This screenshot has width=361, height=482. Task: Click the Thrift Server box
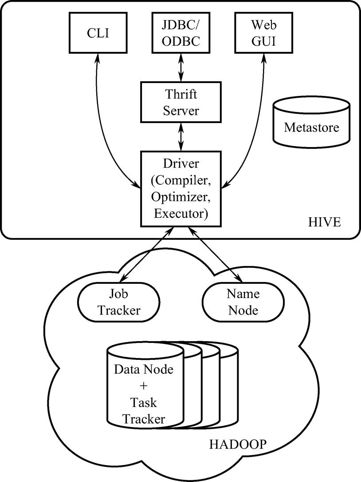click(x=180, y=102)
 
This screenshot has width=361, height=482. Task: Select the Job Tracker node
click(x=118, y=302)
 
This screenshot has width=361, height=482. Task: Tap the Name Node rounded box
click(x=243, y=302)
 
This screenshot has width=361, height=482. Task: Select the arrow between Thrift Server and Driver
click(x=180, y=137)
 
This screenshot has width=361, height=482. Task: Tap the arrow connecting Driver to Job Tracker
click(x=146, y=255)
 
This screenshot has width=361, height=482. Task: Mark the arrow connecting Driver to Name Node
click(x=215, y=255)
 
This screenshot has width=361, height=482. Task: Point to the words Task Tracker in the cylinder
click(x=144, y=410)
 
